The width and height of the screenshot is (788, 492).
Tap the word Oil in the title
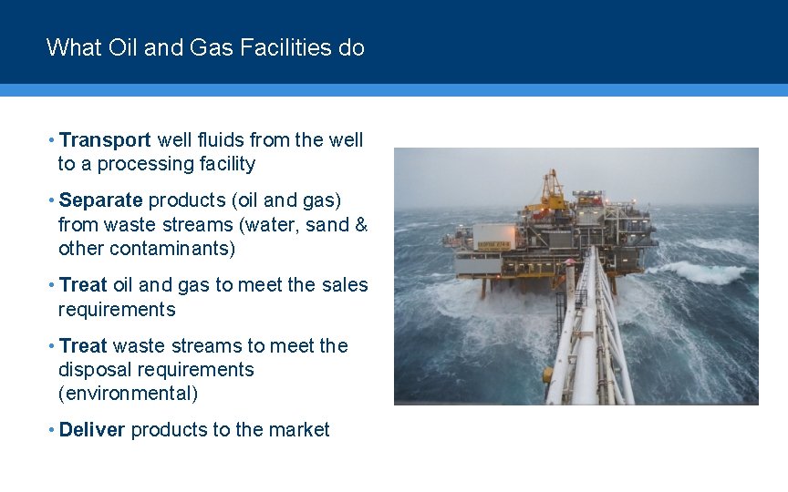[119, 47]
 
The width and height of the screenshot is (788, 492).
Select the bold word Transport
[105, 140]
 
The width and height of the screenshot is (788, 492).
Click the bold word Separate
[100, 200]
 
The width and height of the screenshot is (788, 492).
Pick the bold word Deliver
[91, 430]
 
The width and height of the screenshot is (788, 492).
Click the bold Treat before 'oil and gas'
[83, 285]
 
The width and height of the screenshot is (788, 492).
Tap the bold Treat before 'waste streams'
[83, 346]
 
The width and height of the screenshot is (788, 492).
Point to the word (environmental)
[128, 394]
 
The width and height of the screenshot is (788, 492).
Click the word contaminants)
[178, 249]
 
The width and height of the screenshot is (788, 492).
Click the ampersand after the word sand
[361, 225]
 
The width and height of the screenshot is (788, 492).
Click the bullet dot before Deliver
[52, 430]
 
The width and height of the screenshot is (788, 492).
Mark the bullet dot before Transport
[52, 140]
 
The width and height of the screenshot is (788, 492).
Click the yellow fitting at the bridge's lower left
[547, 374]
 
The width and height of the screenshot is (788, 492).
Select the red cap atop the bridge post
[570, 262]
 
